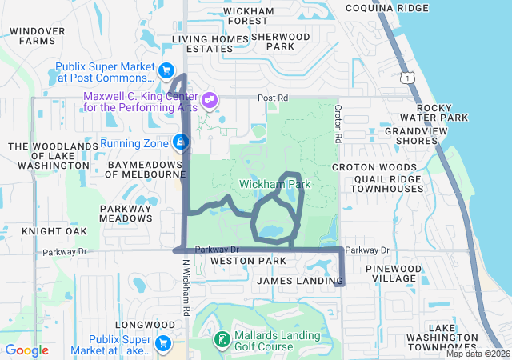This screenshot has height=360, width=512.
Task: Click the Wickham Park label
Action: tap(274, 185)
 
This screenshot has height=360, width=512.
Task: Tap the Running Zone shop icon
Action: tap(181, 143)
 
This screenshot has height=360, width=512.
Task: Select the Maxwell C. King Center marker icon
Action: tap(209, 100)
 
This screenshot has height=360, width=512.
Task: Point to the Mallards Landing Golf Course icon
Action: tap(220, 339)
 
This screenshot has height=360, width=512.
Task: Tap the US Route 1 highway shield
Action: tap(409, 77)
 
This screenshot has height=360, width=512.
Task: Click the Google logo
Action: tap(27, 350)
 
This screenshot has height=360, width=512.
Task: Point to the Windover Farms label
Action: tap(38, 35)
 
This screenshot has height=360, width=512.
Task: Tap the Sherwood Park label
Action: tap(280, 42)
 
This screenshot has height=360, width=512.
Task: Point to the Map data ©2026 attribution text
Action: tap(478, 354)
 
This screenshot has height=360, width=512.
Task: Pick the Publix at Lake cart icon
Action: tap(163, 343)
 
